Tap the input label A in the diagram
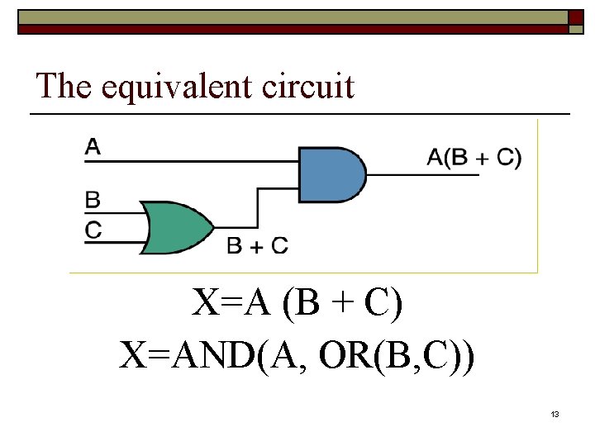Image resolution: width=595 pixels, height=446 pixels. point(93,147)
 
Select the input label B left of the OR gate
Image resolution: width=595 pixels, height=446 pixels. point(93,200)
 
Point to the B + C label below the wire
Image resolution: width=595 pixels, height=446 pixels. point(257,245)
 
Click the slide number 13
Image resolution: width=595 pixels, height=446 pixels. point(555,414)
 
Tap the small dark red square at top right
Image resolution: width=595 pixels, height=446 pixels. point(576,17)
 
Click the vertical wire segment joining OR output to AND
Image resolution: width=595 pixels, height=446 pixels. point(258,207)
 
